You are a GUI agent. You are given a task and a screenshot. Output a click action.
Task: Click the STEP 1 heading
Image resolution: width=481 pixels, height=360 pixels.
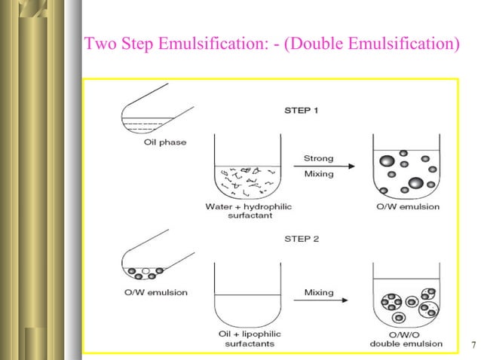[x=301, y=110]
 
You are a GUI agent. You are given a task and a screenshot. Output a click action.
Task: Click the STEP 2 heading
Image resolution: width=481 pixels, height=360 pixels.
[x=301, y=239]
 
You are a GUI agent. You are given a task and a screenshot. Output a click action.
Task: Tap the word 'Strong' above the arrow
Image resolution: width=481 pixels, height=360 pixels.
[x=318, y=159]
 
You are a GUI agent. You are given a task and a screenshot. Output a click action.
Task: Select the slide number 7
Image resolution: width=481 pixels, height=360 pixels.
[x=472, y=346]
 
